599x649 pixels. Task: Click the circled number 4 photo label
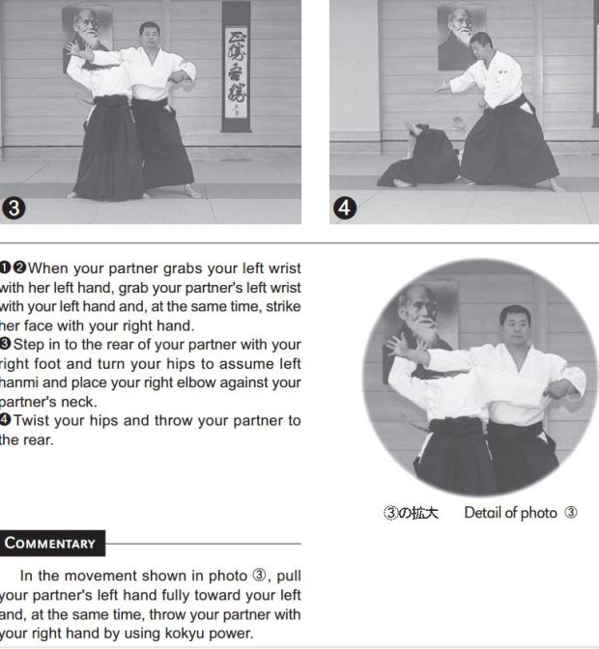[346, 208]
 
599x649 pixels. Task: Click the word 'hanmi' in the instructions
[21, 382]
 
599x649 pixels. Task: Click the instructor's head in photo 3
[149, 36]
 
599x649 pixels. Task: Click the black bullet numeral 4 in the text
[6, 420]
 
